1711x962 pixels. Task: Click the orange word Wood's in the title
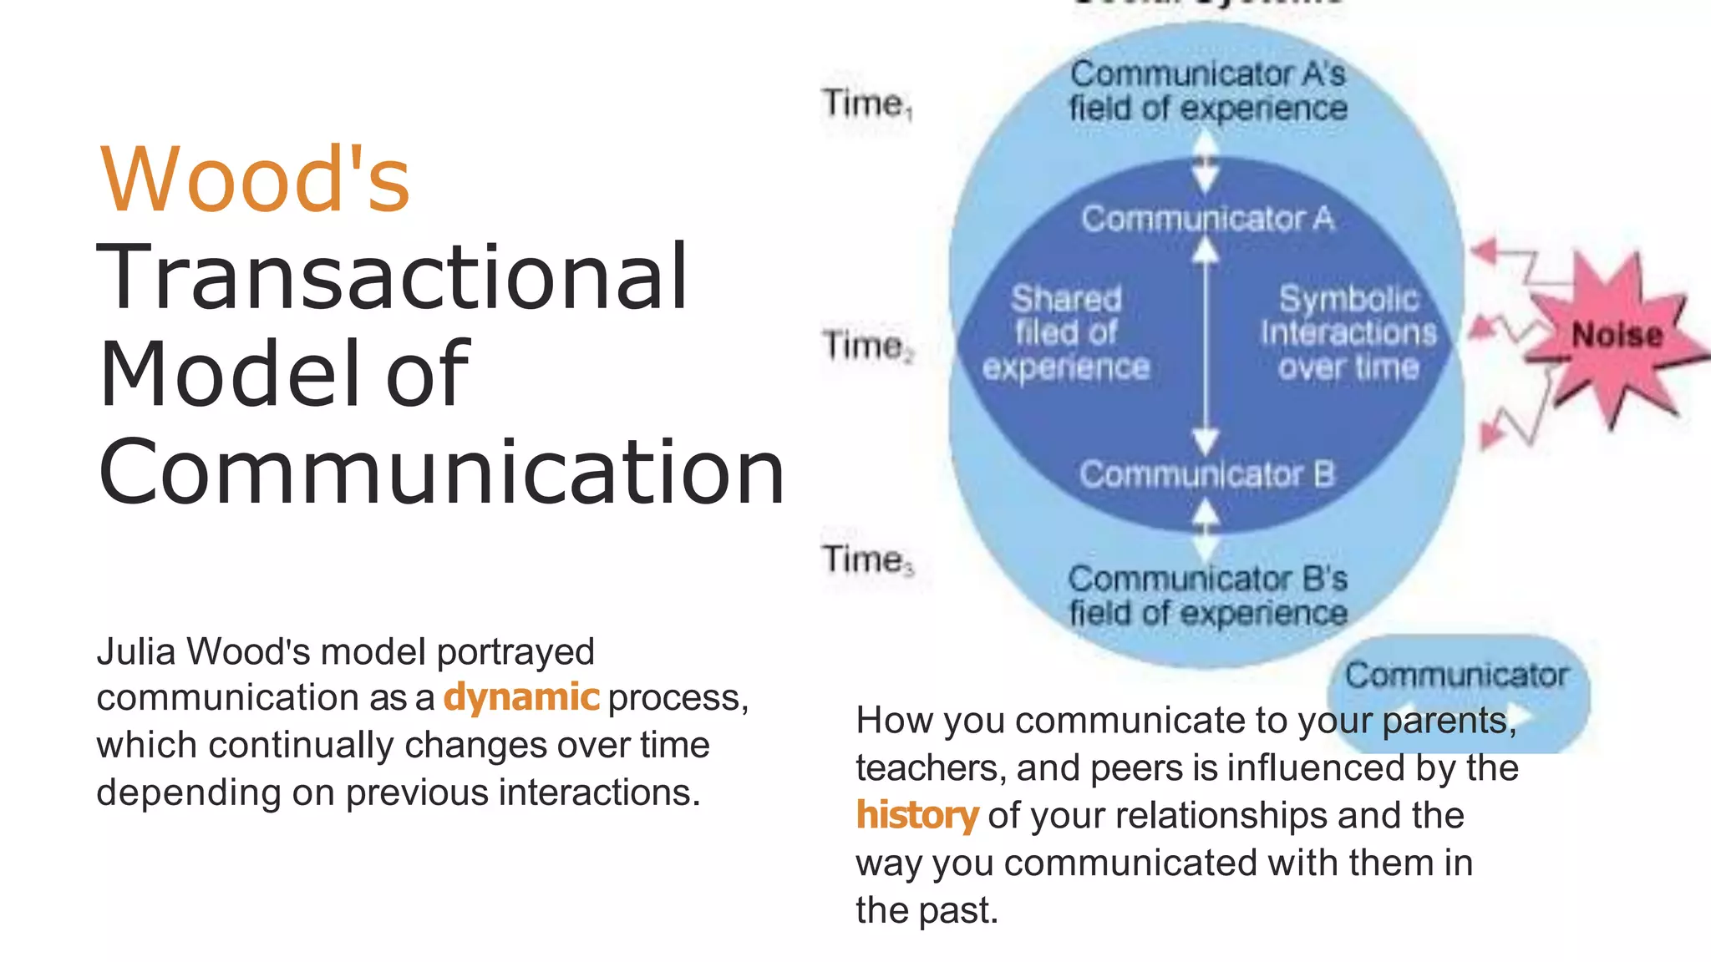point(255,180)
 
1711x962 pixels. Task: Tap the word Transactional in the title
point(393,276)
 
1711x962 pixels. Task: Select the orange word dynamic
point(521,697)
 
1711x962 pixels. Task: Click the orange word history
point(916,816)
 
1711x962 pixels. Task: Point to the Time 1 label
point(866,104)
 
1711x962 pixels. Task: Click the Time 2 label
point(867,345)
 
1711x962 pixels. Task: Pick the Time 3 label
point(867,559)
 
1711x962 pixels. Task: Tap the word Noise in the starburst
point(1617,336)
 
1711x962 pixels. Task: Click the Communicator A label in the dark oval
point(1207,219)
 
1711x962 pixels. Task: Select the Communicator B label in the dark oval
point(1207,474)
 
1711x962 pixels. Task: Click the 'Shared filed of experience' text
point(1066,333)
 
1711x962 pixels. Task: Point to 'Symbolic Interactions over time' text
point(1348,333)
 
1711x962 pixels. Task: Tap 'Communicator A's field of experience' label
point(1208,91)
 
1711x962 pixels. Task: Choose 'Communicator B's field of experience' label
point(1208,595)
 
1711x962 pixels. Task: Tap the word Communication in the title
point(441,472)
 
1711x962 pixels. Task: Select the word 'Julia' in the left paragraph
point(137,652)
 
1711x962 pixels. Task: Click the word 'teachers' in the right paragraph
point(929,768)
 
